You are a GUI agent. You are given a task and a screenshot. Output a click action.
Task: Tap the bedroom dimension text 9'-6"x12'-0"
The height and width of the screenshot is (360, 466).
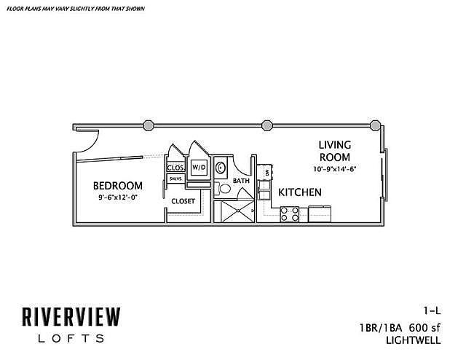pos(119,197)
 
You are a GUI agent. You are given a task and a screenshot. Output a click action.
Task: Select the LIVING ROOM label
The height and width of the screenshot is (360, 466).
pos(335,150)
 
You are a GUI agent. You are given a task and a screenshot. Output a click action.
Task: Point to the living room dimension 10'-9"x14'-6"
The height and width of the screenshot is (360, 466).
pos(334,168)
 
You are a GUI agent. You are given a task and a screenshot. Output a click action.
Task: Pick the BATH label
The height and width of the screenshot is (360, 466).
pos(242,180)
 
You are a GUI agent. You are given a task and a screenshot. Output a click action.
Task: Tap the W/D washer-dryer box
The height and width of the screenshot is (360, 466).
pos(198,167)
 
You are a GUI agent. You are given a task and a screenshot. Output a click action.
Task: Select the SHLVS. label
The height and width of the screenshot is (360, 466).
pos(175,179)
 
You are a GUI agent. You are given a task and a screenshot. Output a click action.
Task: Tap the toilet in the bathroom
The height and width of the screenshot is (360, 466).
pos(225,189)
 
